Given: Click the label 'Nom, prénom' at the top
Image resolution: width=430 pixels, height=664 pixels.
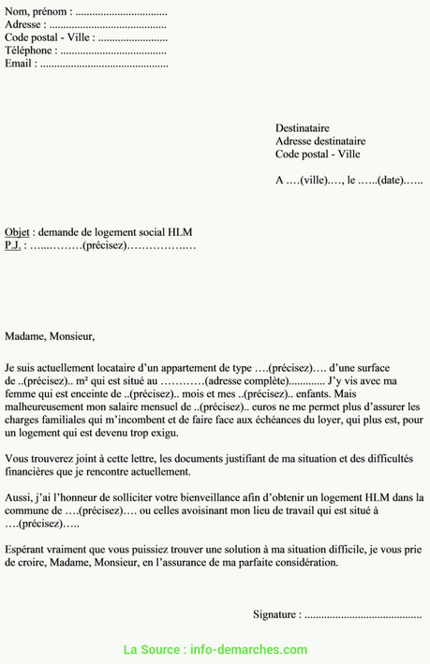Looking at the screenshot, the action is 35,12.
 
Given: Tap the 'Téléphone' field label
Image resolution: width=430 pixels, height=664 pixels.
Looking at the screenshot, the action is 30,51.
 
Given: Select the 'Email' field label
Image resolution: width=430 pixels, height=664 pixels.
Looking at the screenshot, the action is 20,64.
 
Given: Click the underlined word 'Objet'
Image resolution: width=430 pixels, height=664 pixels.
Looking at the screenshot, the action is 17,232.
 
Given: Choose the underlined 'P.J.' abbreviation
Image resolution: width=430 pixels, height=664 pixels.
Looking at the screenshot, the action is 12,245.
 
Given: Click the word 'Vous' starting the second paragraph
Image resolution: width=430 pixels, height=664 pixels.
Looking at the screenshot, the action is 17,459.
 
